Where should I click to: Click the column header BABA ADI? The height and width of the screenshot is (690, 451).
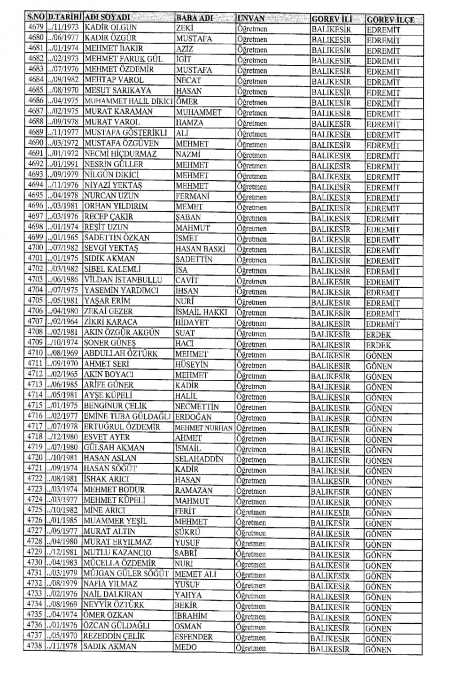(194, 18)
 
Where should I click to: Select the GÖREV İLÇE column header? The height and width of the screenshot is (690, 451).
(390, 19)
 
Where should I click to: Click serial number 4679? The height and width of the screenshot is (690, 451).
(36, 27)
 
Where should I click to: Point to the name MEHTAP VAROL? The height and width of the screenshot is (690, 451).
(114, 80)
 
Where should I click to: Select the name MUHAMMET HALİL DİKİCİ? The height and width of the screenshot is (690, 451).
(129, 101)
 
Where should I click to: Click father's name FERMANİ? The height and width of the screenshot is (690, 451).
(192, 196)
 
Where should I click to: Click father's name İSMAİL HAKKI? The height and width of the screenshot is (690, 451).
(201, 312)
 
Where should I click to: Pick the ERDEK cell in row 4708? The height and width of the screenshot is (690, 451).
(378, 335)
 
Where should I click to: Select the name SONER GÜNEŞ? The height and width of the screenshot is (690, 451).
(109, 343)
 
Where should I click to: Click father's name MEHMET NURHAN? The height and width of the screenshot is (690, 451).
(203, 428)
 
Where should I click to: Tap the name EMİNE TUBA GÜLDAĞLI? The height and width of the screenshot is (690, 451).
(127, 416)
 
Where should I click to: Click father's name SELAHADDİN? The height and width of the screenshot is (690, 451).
(199, 459)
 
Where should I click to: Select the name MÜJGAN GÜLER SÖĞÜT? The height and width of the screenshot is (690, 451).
(126, 574)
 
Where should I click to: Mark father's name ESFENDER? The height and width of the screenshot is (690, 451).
(194, 637)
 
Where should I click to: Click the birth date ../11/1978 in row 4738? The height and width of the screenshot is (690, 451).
(63, 646)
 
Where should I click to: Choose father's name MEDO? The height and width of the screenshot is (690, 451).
(186, 647)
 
